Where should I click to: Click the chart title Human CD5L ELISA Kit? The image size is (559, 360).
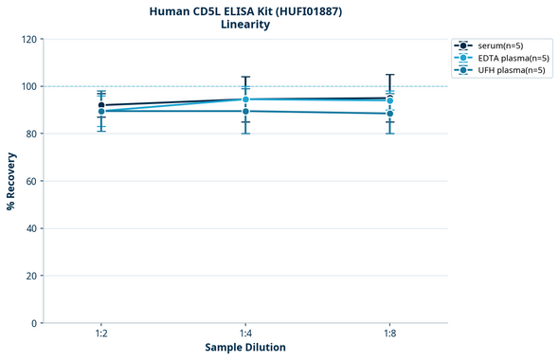244,10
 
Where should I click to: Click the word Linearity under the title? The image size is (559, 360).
244,25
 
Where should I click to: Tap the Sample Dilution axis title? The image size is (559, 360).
245,348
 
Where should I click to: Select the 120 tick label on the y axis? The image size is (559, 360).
28,39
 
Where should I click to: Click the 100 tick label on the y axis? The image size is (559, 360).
28,86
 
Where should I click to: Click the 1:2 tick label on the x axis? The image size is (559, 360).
101,333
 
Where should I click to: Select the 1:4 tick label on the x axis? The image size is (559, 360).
245,333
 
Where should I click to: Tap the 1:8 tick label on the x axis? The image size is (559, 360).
389,333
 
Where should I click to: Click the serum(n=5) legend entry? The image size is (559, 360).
500,45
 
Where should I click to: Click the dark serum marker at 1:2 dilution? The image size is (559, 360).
101,105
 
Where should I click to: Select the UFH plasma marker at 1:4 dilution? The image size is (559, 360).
245,111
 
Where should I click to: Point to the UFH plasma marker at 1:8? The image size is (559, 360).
389,114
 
